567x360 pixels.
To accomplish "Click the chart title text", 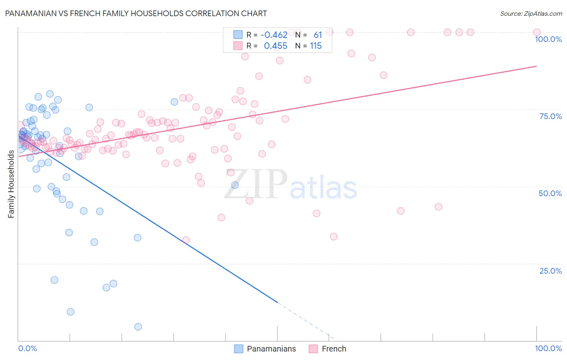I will click(x=135, y=13).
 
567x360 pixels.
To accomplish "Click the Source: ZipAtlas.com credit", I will click(x=531, y=13).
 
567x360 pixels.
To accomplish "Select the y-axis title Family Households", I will click(x=11, y=184).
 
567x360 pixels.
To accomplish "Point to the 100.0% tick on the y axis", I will click(x=548, y=39).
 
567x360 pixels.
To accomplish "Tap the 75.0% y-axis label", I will click(x=550, y=116).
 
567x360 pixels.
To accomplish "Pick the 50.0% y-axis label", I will click(x=550, y=193).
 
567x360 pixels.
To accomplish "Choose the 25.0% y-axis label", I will click(x=550, y=270).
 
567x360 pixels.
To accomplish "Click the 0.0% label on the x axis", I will click(x=27, y=348).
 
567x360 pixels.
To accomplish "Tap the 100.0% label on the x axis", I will click(x=548, y=348).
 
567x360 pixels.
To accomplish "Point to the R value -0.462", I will click(x=274, y=35).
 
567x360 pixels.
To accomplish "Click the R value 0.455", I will click(x=275, y=46).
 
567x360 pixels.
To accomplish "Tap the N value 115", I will click(x=316, y=46).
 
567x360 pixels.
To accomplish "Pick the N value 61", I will click(x=318, y=35).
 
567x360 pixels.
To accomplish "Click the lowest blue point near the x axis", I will click(x=138, y=327).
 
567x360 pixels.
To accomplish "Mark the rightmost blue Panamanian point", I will click(x=235, y=185).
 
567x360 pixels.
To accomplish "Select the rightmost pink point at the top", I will click(x=536, y=32).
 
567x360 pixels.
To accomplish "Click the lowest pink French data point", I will click(x=186, y=240).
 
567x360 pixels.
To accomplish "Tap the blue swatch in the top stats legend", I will click(x=238, y=35).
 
